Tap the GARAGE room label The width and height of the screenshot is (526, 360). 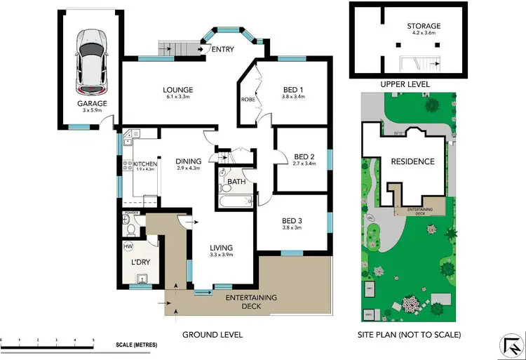coord(92,104)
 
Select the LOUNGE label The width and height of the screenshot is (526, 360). coord(177,90)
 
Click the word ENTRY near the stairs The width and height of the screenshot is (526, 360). coord(222,48)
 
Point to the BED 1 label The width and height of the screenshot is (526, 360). coord(293,90)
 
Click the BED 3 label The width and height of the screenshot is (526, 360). coord(294,221)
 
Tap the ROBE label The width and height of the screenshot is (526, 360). coord(248,99)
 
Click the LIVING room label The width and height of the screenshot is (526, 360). coord(222,248)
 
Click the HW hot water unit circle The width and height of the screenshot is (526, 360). coord(128,247)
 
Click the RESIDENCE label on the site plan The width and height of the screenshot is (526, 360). coord(412,161)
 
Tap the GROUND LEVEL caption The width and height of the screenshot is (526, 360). coord(213,335)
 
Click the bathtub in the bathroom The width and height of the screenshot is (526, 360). coord(235,201)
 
